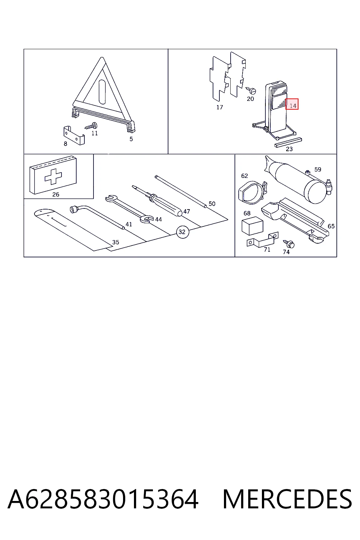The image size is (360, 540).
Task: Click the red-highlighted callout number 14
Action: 292,104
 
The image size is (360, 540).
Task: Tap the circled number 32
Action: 182,232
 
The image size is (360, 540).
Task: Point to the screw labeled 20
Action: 251,90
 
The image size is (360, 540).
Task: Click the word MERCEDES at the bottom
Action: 287,499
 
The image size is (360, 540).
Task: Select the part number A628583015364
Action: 103,499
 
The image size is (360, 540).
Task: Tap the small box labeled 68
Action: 252,226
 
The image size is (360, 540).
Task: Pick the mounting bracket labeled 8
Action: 74,136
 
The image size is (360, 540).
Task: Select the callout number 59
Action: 317,169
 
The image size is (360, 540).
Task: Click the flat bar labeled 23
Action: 288,142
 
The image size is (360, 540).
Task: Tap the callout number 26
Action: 56,194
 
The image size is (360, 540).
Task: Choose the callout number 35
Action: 116,242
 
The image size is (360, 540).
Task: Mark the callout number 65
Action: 331,226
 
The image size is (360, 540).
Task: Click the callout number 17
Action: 219,107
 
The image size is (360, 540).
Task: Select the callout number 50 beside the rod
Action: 212,204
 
